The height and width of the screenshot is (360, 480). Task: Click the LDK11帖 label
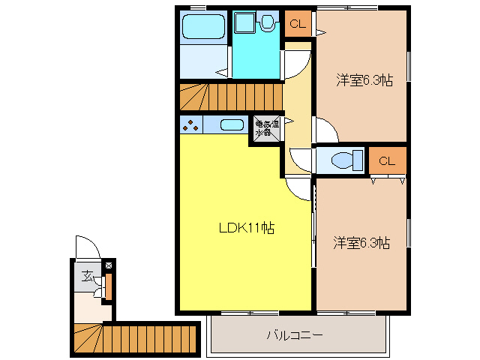click(246, 228)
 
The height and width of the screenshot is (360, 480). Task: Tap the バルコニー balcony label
click(295, 334)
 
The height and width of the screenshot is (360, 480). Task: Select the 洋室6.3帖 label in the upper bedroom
click(364, 80)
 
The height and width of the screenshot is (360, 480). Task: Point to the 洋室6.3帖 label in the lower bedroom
click(361, 242)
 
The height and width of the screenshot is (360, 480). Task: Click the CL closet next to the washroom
click(298, 23)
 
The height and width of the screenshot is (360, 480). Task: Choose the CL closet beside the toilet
click(387, 160)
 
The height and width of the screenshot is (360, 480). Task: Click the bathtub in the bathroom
click(205, 27)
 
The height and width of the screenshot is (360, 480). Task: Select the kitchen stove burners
click(190, 125)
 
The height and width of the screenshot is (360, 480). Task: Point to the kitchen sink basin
click(232, 125)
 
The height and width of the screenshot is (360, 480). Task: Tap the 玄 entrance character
click(88, 277)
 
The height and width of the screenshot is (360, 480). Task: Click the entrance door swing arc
click(87, 247)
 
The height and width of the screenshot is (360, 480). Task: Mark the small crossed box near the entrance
click(109, 265)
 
